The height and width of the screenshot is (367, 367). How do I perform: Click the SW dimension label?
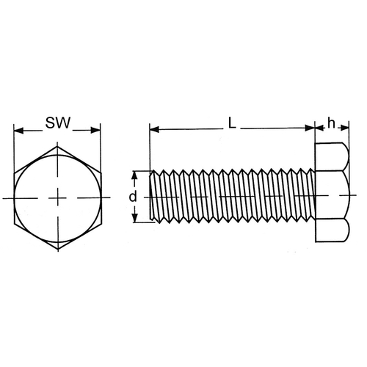click(x=58, y=123)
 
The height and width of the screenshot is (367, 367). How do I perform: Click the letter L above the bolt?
click(x=232, y=123)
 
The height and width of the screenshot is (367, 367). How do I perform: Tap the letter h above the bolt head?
click(x=331, y=123)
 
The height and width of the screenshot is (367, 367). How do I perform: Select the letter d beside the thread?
click(x=133, y=197)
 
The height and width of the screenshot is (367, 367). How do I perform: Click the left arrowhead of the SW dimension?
click(x=19, y=131)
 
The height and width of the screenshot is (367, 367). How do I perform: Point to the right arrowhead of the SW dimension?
click(x=95, y=130)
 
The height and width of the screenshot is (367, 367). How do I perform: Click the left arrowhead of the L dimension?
click(x=154, y=129)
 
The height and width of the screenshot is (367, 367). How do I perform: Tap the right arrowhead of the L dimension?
click(x=310, y=128)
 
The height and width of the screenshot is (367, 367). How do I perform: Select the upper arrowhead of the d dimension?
click(x=134, y=175)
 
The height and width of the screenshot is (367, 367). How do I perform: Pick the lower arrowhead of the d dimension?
click(x=134, y=218)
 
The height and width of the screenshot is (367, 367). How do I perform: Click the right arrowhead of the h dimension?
click(x=345, y=128)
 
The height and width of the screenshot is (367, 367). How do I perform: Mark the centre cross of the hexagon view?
click(x=58, y=197)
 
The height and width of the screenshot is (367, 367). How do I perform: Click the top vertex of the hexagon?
click(x=57, y=146)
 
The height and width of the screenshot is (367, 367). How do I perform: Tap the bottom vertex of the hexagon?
click(x=58, y=250)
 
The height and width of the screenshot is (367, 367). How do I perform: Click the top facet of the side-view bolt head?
click(x=332, y=156)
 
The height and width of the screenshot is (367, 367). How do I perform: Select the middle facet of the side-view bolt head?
click(x=333, y=195)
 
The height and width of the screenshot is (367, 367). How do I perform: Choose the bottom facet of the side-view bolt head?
click(x=332, y=230)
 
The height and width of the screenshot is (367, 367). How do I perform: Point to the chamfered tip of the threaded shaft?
click(x=152, y=195)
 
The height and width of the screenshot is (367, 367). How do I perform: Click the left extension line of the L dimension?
click(x=150, y=147)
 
